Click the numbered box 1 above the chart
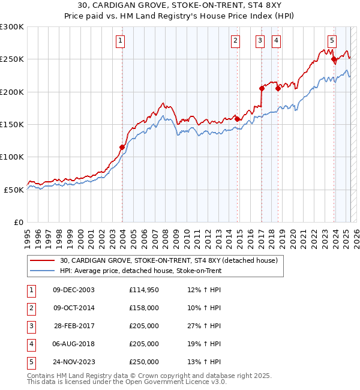[121, 41]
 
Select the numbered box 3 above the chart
[260, 41]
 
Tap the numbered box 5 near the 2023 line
[332, 41]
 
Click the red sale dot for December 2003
[122, 147]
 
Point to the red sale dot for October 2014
[238, 119]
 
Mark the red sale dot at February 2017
[262, 88]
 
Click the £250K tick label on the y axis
[12, 59]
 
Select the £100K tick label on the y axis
[12, 157]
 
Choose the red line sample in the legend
[43, 261]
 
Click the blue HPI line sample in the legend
[43, 271]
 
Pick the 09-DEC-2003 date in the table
[74, 290]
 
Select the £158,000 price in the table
[143, 308]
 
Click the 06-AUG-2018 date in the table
[74, 344]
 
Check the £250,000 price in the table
[143, 362]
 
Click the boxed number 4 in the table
[31, 344]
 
